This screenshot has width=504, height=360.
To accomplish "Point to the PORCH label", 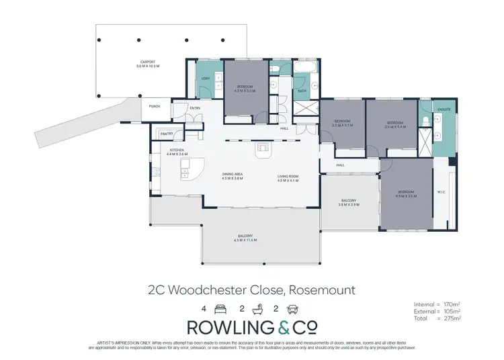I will tap(155, 105).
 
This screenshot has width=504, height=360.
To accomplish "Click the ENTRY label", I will tap(196, 108).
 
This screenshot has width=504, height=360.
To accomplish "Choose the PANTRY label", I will tap(167, 134).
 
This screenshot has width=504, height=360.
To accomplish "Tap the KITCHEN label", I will tap(177, 150).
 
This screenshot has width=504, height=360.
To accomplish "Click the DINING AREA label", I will tap(232, 175).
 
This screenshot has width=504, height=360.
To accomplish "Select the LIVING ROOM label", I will tap(288, 175).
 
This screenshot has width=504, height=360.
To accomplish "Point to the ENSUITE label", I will tap(444, 109).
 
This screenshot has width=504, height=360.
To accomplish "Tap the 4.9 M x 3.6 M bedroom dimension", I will tap(407, 197).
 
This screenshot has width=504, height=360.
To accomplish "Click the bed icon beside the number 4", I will tap(219, 309).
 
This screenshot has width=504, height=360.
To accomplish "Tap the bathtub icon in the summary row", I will tap(255, 309).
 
